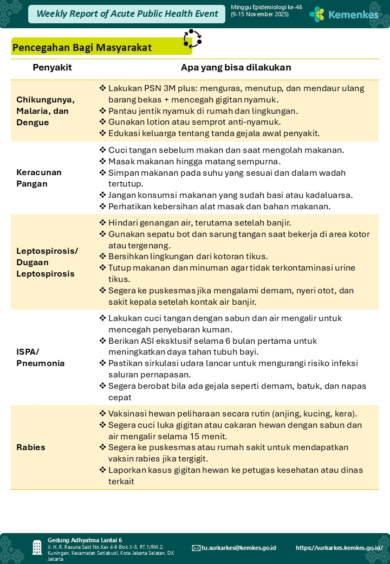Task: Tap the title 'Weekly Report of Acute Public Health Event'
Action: tap(127, 14)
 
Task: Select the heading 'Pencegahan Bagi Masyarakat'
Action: tap(82, 48)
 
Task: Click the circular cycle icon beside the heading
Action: tap(192, 39)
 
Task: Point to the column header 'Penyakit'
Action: tap(52, 68)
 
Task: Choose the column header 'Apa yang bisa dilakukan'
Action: tap(236, 68)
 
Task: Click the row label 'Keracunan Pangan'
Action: tap(39, 178)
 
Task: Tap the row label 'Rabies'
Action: tap(31, 447)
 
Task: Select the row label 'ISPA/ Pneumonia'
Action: tap(41, 357)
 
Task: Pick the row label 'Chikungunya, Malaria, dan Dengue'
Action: tap(45, 111)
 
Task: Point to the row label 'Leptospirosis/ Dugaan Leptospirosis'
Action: tap(47, 262)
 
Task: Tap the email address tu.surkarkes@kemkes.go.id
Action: tap(238, 548)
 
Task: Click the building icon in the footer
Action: tap(37, 547)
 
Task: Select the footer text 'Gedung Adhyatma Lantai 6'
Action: tap(84, 540)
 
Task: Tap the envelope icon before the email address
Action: tap(196, 548)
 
